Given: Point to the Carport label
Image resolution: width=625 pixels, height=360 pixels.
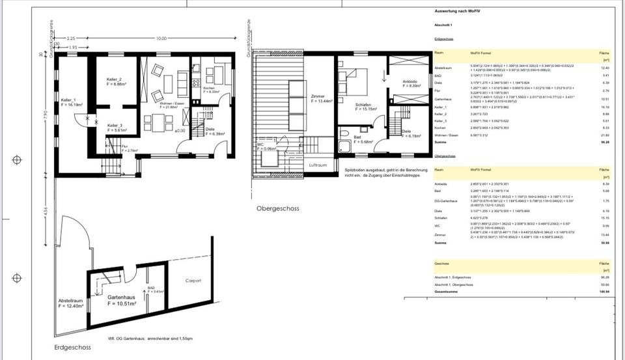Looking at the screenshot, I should tap(193, 281).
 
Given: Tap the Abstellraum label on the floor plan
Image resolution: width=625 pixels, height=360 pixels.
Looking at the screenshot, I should tap(71, 299).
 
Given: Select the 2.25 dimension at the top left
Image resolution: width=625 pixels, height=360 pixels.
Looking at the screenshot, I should tap(71, 38).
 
